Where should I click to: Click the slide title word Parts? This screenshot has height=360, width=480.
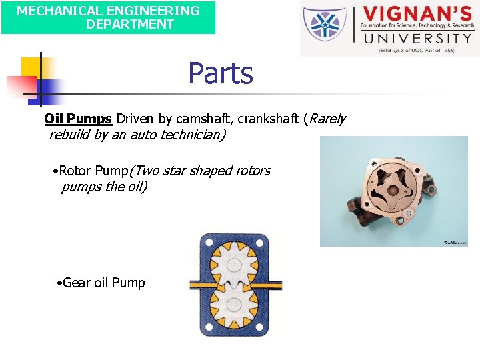221,73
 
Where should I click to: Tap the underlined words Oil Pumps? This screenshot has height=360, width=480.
78,119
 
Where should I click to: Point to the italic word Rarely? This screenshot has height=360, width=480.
327,119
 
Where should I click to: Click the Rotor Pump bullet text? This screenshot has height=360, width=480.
93,171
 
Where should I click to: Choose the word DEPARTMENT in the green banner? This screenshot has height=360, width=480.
129,25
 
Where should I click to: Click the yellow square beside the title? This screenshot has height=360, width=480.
31,68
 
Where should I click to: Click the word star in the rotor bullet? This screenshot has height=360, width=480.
175,171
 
